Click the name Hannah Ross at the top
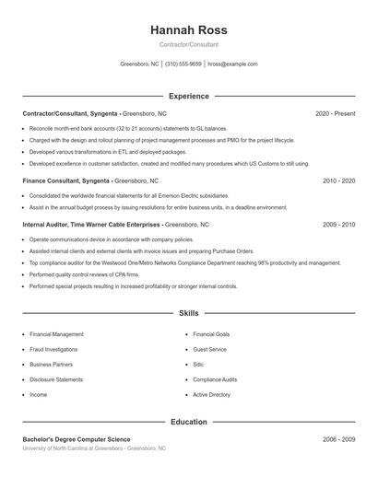189,29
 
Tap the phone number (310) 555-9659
183,64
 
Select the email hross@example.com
232,64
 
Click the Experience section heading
189,96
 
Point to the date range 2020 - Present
336,113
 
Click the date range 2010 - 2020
339,181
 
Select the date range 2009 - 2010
339,225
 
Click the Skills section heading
189,314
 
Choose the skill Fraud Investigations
53,349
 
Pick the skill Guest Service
210,349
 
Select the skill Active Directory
212,394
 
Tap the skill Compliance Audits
215,379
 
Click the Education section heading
189,422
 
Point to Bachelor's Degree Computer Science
77,439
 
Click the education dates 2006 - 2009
339,439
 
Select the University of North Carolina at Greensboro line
94,448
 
